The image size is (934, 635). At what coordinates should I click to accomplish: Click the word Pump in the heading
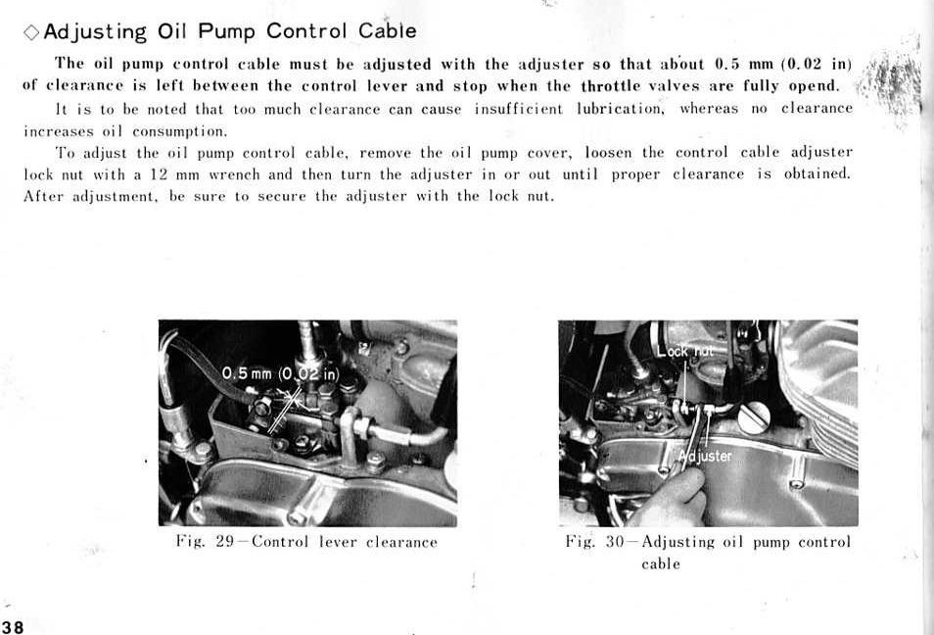[227, 31]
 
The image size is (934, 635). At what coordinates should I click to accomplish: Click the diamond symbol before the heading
[31, 32]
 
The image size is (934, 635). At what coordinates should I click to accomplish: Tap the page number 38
[13, 627]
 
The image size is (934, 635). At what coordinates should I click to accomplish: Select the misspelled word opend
[814, 86]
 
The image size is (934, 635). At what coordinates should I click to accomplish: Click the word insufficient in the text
[518, 109]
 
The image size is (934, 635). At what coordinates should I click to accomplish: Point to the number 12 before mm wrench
[159, 174]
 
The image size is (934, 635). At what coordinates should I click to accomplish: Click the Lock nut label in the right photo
[685, 351]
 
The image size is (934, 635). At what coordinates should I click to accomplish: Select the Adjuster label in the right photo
[705, 456]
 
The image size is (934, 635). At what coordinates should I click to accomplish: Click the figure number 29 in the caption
[224, 541]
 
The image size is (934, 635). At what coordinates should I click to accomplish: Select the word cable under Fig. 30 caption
[661, 563]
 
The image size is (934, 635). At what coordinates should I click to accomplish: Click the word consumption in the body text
[180, 131]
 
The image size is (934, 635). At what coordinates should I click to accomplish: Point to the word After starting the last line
[43, 196]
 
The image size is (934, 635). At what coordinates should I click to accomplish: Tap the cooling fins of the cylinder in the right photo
[825, 387]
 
